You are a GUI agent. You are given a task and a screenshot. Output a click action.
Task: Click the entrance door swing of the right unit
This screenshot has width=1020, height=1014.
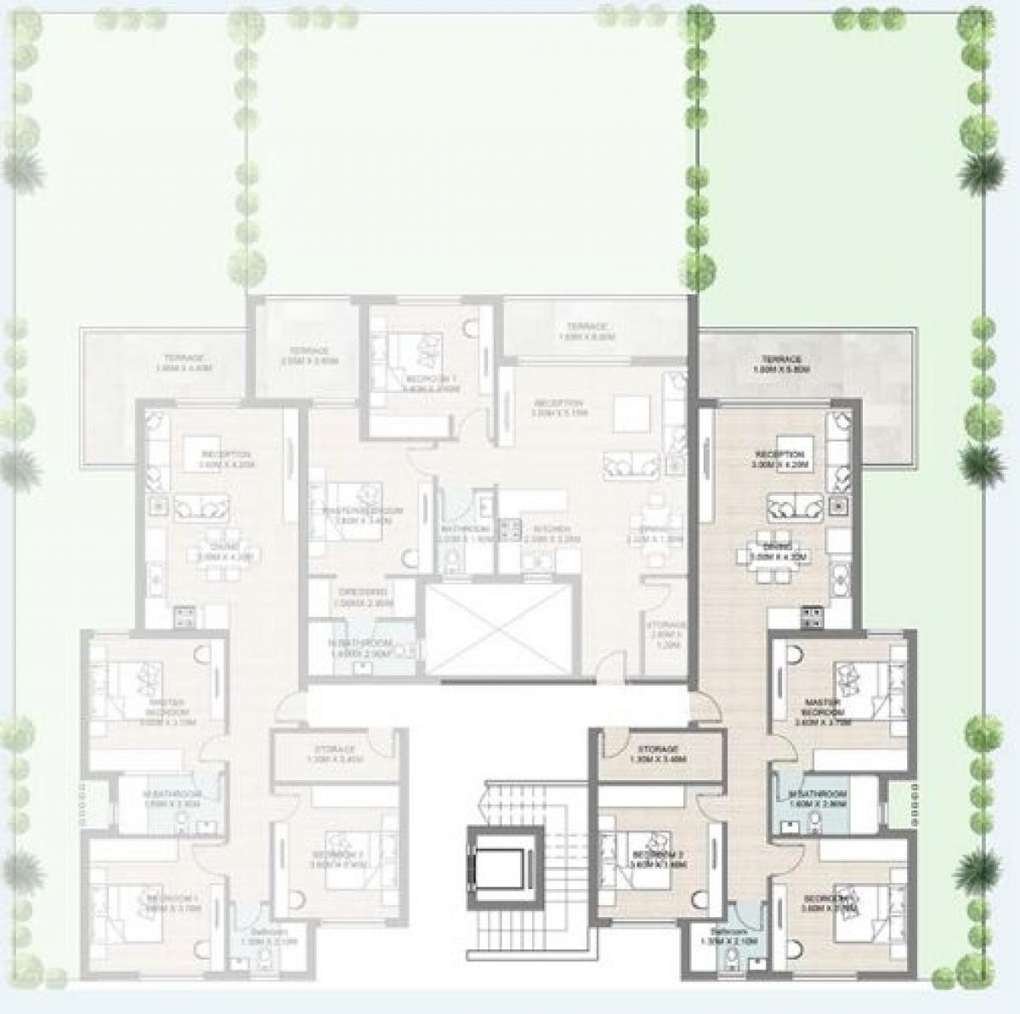tap(704, 699)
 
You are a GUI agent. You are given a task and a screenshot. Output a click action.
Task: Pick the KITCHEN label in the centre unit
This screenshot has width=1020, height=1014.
tap(540, 533)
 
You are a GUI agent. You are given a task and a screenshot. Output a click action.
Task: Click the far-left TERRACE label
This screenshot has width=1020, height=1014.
tap(184, 363)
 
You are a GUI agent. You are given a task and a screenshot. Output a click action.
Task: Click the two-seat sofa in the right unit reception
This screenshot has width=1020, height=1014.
tap(795, 508)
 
